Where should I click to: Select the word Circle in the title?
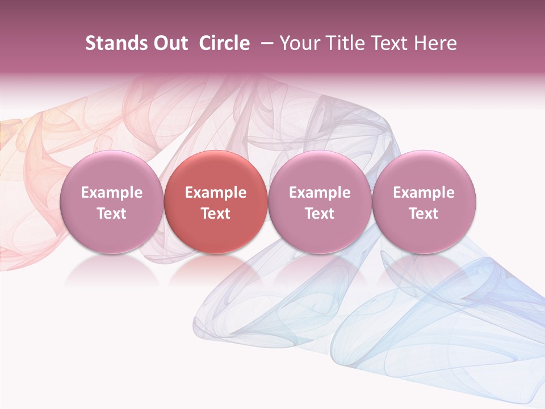(x=224, y=43)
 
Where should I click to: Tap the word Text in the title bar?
(x=389, y=43)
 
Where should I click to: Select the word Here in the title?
(x=434, y=43)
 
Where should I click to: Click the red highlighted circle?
(x=216, y=202)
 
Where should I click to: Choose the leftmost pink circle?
(x=111, y=202)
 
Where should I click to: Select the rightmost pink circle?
(x=424, y=202)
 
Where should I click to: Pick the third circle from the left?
(x=320, y=202)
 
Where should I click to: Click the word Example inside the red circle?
(x=216, y=193)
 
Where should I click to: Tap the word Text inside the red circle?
(x=216, y=214)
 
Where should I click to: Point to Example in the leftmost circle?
(x=111, y=193)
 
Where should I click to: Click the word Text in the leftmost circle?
(x=111, y=214)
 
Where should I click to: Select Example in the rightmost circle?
(x=424, y=193)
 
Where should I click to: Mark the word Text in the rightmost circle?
(x=424, y=214)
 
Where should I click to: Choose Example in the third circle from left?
(x=320, y=193)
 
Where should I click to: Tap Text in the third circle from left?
(x=320, y=214)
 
